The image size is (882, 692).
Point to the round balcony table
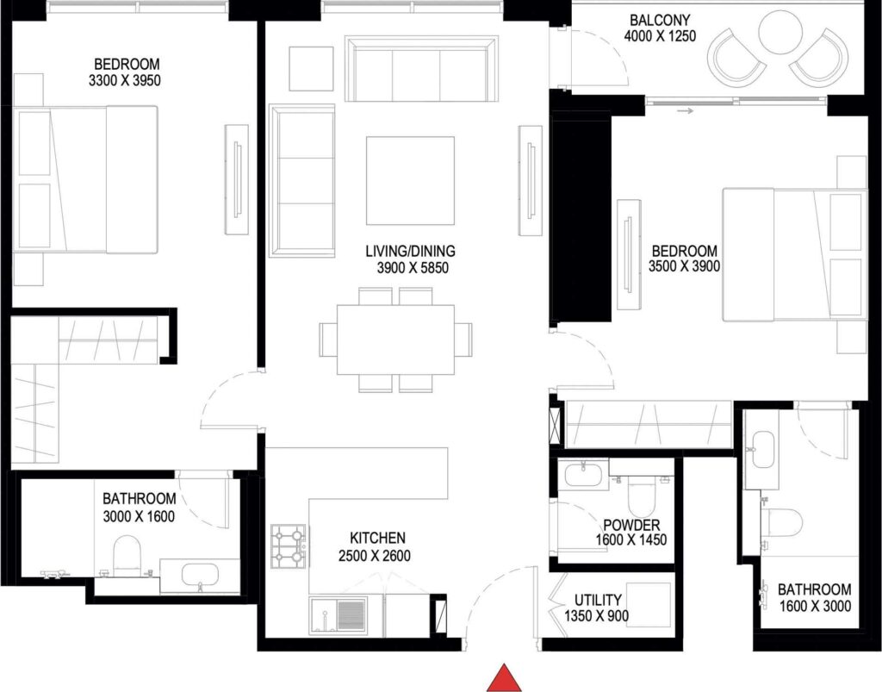click(783, 34)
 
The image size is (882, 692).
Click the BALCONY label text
click(659, 20)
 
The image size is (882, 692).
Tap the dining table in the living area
click(395, 340)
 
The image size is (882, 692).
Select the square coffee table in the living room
click(410, 180)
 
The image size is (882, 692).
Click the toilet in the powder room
click(642, 497)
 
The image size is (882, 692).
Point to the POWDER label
click(631, 526)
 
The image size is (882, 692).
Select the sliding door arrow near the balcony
click(685, 110)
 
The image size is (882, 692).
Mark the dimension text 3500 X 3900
click(684, 266)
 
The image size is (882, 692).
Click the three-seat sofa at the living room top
click(422, 69)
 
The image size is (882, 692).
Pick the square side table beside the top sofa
click(310, 67)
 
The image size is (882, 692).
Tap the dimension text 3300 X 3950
click(126, 81)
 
